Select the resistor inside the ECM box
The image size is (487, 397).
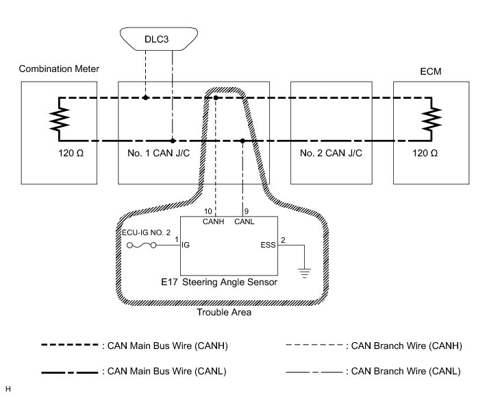[432, 119]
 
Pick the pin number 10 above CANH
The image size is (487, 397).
[208, 211]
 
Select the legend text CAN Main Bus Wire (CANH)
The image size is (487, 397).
[164, 346]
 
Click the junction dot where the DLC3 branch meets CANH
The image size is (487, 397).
[146, 98]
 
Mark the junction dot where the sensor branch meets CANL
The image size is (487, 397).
[243, 141]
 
